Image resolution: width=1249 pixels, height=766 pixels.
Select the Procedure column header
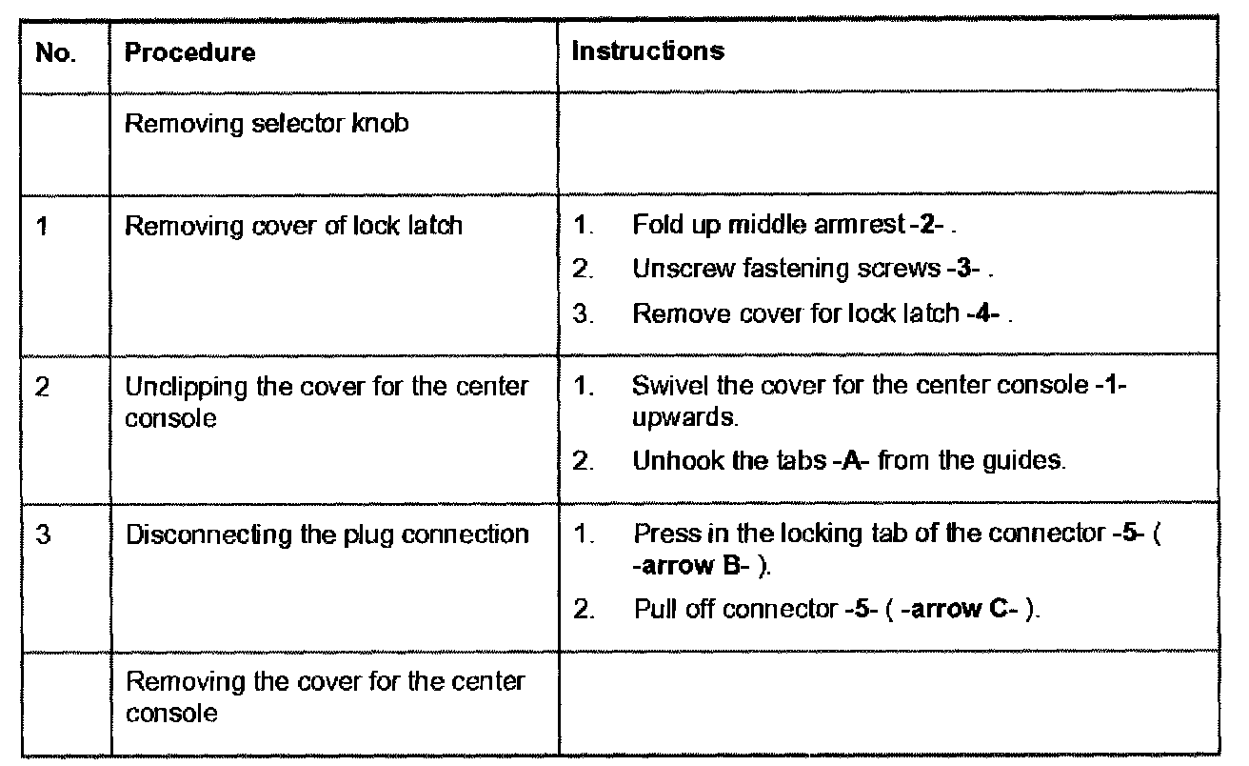190,52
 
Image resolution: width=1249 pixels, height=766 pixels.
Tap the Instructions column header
647,50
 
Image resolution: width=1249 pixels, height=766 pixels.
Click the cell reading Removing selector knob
267,124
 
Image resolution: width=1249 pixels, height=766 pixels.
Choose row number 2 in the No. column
42,388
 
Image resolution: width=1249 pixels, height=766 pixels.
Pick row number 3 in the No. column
42,533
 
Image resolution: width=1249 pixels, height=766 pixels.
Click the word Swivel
660,388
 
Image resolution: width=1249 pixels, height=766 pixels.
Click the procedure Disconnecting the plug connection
327,533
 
